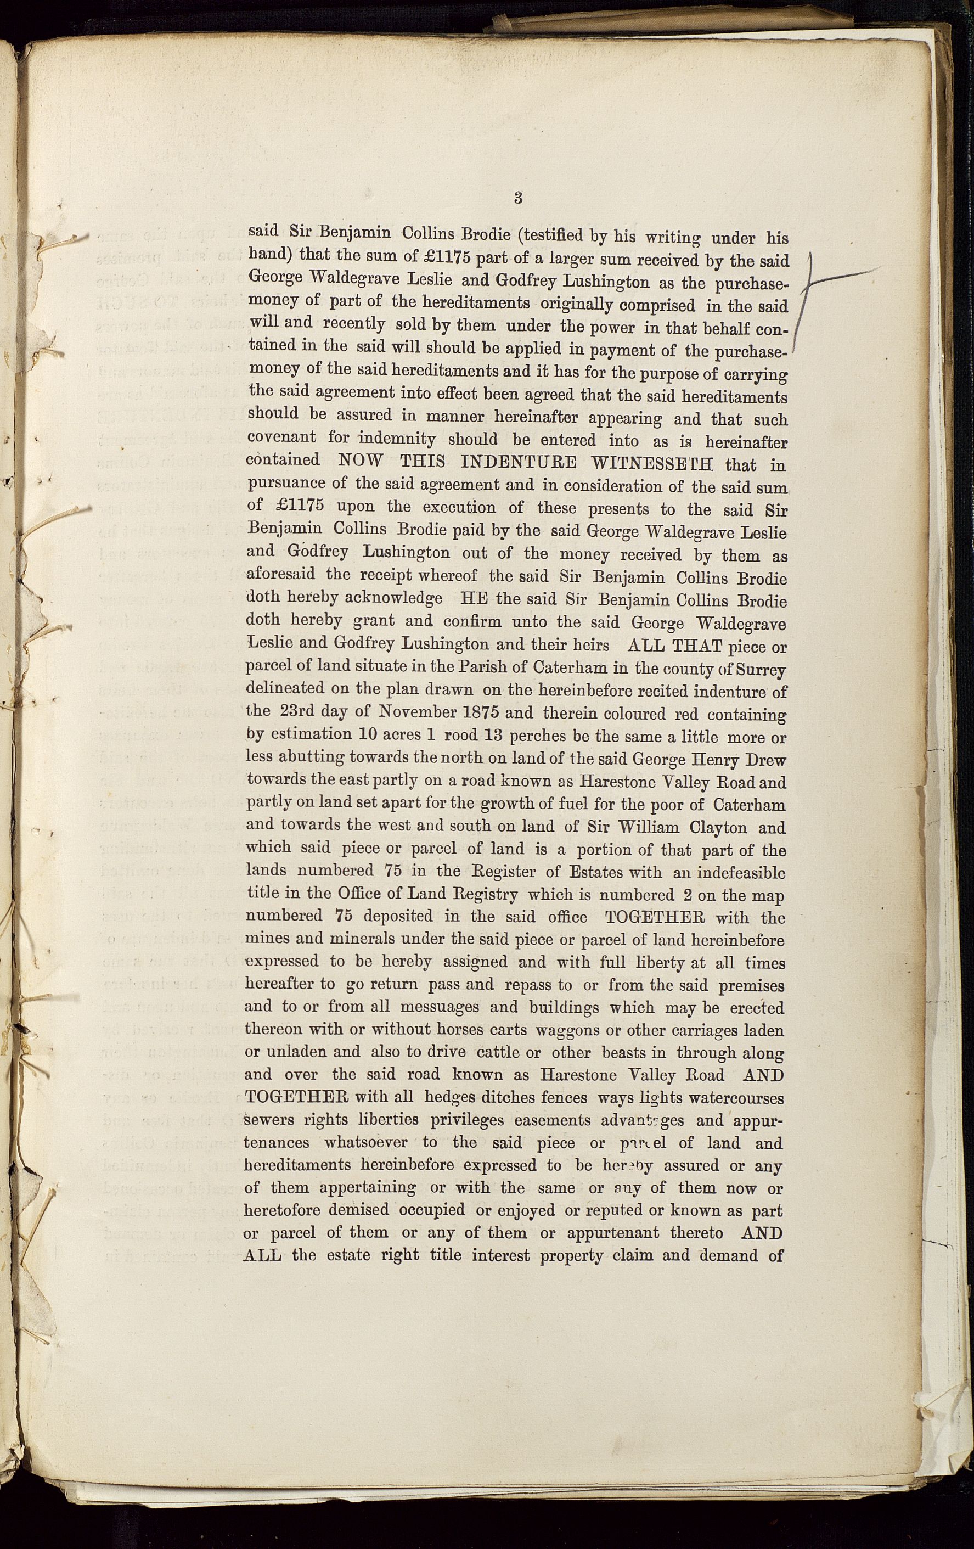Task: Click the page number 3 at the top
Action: point(518,198)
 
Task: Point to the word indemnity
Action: point(397,439)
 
